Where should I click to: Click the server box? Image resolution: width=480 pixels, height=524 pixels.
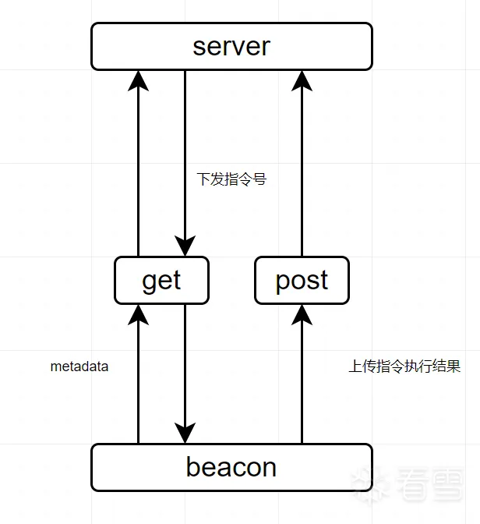(231, 46)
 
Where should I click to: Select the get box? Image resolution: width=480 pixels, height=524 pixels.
(161, 281)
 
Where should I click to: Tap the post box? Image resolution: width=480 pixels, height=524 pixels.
(302, 281)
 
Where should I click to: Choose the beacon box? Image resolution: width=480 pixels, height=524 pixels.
(231, 467)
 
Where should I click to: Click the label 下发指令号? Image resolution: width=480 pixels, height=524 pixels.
(231, 179)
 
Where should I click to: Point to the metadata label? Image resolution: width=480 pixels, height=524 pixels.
(79, 366)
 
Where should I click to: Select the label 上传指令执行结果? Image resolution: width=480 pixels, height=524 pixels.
(404, 366)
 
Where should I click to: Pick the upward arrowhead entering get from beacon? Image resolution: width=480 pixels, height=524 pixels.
(138, 313)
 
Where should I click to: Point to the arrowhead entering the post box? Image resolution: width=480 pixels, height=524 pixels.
(302, 313)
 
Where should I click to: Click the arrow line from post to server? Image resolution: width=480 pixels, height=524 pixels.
(302, 172)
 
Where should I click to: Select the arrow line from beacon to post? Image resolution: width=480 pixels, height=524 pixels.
(302, 382)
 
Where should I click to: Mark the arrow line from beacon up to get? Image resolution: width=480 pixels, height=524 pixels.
(138, 382)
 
